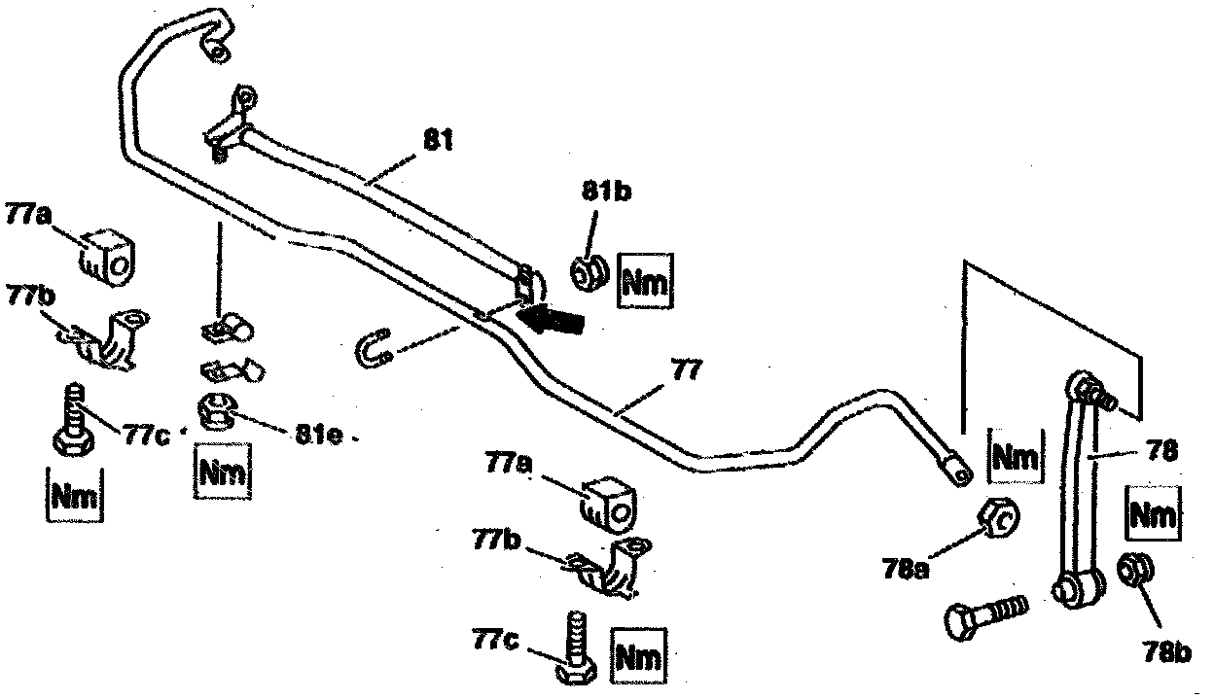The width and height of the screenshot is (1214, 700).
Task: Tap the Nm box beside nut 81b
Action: click(644, 283)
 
